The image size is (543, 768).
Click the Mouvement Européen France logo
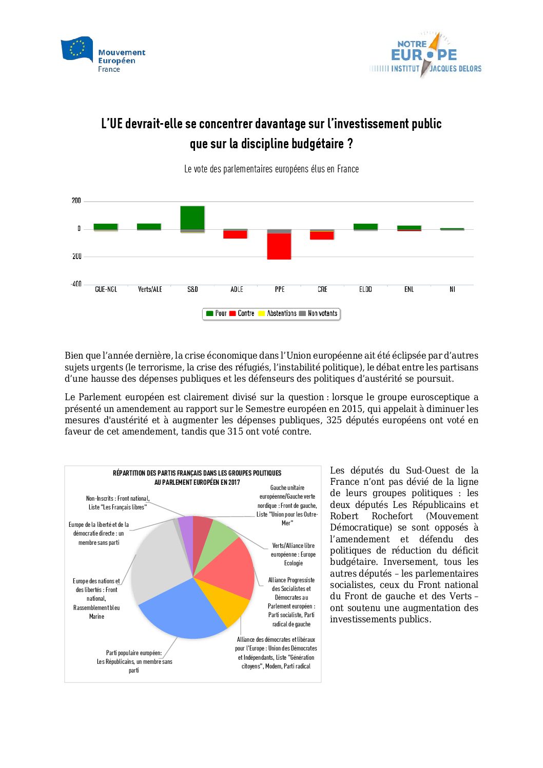tap(103, 55)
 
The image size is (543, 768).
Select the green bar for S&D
tap(192, 218)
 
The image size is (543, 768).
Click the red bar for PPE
tap(279, 246)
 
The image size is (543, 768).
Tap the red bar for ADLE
tap(236, 234)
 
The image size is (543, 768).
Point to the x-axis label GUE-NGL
tap(106, 289)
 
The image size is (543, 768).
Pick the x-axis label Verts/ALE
tap(150, 289)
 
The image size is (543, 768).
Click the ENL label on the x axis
tap(409, 289)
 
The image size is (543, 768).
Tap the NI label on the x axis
tap(452, 289)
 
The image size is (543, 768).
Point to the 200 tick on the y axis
tap(76, 201)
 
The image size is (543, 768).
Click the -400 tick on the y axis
tap(76, 284)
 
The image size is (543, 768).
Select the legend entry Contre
tap(242, 313)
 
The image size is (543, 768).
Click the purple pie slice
tap(186, 528)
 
